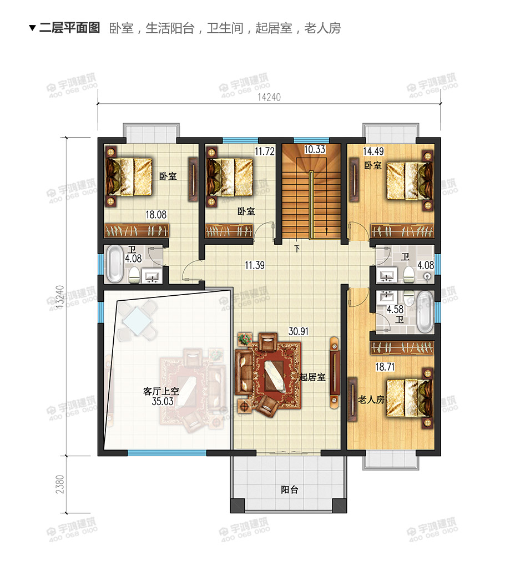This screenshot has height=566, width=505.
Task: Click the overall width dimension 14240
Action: [x=269, y=97]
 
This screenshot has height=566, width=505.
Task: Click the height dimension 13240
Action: [x=60, y=297]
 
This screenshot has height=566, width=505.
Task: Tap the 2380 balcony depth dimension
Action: [x=60, y=484]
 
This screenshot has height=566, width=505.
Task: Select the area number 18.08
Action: [x=156, y=215]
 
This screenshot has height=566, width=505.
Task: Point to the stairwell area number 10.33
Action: [x=315, y=149]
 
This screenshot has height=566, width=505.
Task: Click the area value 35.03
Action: [x=163, y=401]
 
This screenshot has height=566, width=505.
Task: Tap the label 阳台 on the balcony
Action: [x=290, y=489]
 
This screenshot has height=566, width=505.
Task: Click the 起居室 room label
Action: [x=312, y=377]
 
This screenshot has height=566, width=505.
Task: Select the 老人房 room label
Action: [x=371, y=400]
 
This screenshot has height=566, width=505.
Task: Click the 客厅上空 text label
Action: [x=161, y=391]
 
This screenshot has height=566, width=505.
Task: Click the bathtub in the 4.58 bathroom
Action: [x=425, y=312]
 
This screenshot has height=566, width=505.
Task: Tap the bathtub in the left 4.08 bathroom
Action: [x=115, y=264]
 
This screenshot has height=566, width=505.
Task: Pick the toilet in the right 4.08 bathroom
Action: [x=408, y=274]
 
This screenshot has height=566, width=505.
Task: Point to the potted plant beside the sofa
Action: [x=245, y=339]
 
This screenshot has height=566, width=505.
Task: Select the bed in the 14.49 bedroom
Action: [x=410, y=181]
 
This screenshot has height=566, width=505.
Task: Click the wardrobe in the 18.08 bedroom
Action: [x=137, y=231]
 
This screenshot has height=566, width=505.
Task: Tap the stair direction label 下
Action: [x=297, y=249]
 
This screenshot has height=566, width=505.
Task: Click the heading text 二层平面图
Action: [x=69, y=28]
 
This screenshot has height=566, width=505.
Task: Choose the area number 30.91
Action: [x=299, y=331]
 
